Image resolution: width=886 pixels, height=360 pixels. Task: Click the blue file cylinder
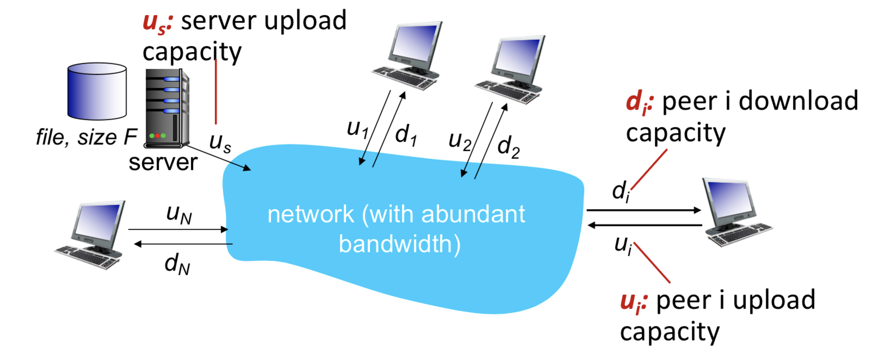point(97,91)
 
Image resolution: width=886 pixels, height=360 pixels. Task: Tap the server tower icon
point(167,109)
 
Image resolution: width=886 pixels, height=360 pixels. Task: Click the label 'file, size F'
point(86,137)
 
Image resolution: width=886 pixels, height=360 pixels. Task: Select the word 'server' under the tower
point(163,163)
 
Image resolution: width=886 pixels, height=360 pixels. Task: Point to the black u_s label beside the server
point(220,142)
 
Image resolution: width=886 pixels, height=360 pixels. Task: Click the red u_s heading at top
point(157,22)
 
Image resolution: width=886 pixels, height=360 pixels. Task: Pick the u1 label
point(357,129)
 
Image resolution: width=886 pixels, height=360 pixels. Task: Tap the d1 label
point(406,134)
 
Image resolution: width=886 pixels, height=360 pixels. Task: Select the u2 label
point(460,140)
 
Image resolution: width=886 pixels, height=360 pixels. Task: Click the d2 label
point(508,146)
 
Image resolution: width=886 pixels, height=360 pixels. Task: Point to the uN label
point(179,214)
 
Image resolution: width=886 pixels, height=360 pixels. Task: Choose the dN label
point(177,264)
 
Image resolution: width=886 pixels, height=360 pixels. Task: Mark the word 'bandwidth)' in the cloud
point(399,244)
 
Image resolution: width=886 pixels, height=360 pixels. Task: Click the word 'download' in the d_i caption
point(798,101)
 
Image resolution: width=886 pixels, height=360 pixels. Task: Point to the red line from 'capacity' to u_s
point(216,92)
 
